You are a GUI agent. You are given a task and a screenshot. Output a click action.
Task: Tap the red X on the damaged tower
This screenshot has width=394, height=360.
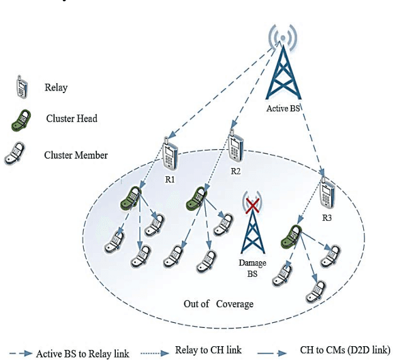click(x=252, y=205)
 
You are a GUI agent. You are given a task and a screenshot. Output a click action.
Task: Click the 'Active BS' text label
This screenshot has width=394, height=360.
click(x=283, y=108)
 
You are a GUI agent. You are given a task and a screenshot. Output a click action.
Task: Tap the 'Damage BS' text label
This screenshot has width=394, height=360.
click(x=252, y=266)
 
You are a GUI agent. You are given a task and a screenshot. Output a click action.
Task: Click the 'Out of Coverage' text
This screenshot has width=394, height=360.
click(x=218, y=304)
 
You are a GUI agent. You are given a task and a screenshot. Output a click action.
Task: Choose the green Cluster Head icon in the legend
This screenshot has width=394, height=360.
click(x=23, y=120)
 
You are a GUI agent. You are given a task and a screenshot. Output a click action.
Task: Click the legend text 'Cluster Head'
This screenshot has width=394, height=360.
click(x=72, y=118)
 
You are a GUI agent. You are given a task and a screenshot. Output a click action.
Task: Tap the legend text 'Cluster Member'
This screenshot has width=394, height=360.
click(x=76, y=155)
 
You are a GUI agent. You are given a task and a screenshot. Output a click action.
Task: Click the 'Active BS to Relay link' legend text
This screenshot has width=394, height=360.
click(x=82, y=353)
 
